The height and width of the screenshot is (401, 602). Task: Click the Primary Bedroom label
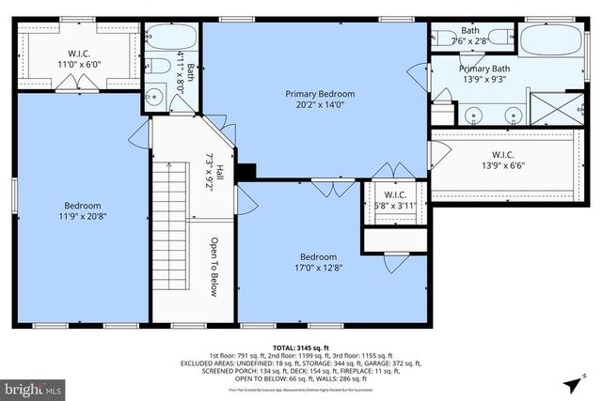[321, 94]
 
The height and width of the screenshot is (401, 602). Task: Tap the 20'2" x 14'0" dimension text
[321, 105]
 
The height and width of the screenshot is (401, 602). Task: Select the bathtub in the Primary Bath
[552, 42]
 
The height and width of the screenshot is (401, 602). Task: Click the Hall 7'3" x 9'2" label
[214, 173]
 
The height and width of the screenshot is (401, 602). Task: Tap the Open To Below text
[214, 267]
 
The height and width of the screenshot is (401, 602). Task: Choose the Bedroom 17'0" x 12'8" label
[317, 262]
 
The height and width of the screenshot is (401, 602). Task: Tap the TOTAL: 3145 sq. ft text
[300, 347]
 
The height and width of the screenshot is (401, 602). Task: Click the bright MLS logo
[33, 387]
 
